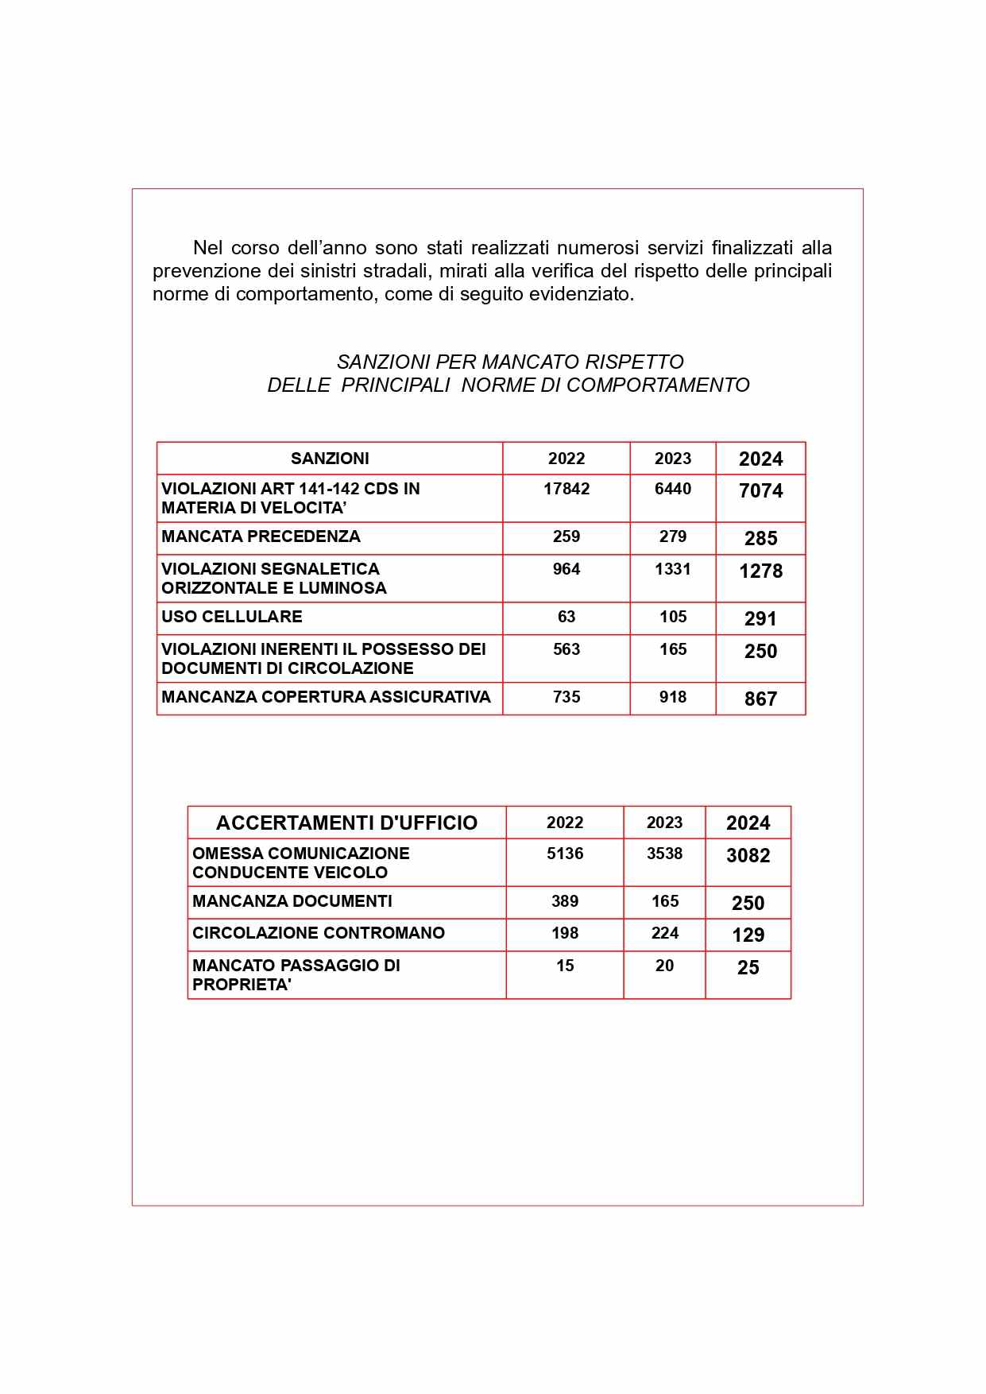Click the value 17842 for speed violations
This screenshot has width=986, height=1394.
[566, 489]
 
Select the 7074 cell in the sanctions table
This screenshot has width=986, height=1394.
[760, 491]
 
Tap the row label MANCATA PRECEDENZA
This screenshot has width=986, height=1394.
[261, 536]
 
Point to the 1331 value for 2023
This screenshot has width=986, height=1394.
[672, 569]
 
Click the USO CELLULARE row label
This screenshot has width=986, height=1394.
[231, 617]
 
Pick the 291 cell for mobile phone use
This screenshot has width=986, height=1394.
[760, 619]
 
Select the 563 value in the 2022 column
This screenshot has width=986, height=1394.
[566, 649]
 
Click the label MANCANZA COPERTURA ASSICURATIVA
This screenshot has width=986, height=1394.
[326, 697]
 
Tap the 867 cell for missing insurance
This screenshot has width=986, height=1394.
[760, 699]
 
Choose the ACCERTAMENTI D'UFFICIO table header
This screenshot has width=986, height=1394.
[346, 823]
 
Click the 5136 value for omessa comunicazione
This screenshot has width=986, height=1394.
[565, 854]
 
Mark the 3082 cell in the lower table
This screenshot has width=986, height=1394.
[748, 856]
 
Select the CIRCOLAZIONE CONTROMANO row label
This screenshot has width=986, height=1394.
[318, 933]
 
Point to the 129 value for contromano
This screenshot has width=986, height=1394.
[748, 935]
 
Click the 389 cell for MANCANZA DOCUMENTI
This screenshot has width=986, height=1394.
[565, 901]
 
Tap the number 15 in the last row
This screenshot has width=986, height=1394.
[565, 966]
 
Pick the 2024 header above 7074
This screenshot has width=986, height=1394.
[760, 459]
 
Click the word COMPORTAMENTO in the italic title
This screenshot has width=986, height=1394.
[658, 385]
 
